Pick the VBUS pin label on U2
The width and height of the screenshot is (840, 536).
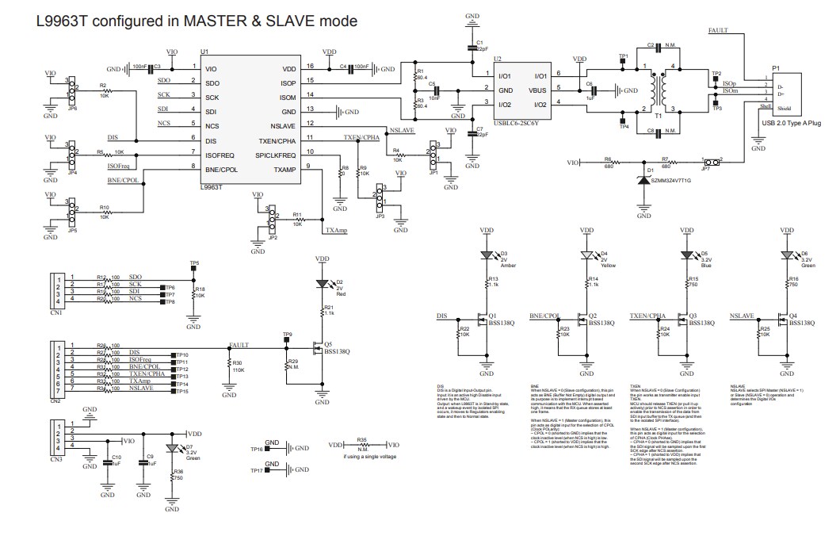click(x=536, y=90)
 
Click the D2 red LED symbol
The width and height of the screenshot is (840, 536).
click(x=322, y=283)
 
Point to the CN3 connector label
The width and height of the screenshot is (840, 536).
click(x=55, y=459)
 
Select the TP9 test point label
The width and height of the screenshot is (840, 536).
click(x=288, y=335)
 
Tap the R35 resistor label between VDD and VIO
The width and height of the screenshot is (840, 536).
click(x=361, y=438)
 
